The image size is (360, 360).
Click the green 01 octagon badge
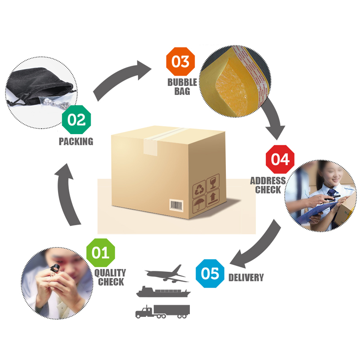pos(100,252)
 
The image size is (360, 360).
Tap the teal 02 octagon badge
pos(76,119)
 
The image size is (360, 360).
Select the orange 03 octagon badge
pos(180,61)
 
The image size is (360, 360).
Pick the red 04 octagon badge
pos(280,159)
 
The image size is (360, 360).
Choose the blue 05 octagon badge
pos(210,274)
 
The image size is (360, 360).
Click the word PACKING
pos(76,141)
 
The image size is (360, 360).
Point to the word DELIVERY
pos(246,278)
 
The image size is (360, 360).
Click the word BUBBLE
pos(182,82)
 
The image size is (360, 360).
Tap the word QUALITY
pos(110,273)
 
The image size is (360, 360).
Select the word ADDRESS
pos(268,181)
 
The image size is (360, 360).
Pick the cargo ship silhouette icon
pos(163,292)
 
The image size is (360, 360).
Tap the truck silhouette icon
pos(162,311)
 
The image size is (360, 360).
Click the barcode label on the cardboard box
pos(176,205)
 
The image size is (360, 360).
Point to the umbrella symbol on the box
pos(198,204)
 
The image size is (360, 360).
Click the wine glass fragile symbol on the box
pos(213,182)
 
